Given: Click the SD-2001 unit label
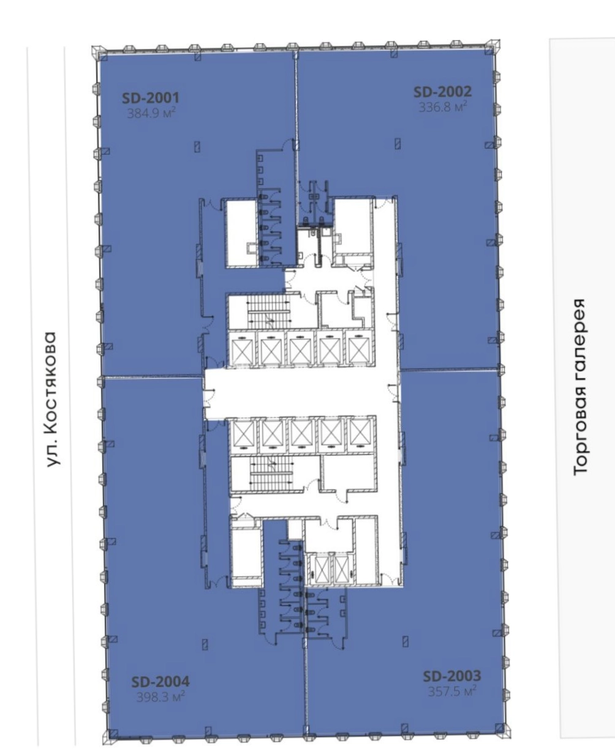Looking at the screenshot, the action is coord(150,98).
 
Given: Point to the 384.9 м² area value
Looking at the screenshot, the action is coord(151,113).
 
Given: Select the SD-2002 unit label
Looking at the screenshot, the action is coord(442,92).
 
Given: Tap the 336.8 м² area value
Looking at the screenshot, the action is coord(443,106).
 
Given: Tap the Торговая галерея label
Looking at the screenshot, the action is coord(580,387).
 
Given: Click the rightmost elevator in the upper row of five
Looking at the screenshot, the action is coord(360,348).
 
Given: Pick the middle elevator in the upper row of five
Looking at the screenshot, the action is coord(301,348).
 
